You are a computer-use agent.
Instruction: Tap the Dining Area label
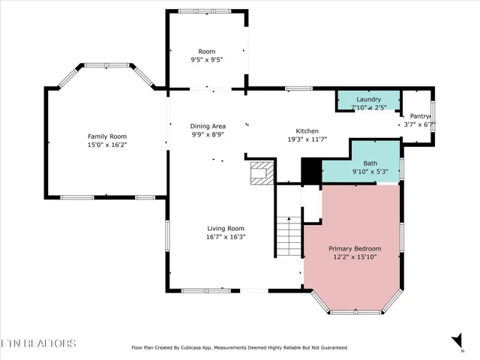pos(208,126)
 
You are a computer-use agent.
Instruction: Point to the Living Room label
pos(226,229)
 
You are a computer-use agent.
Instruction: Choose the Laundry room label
pos(368,99)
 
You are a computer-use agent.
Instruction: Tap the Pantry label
pos(418,116)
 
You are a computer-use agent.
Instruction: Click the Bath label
pos(370,163)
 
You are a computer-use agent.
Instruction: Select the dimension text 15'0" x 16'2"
pos(106,145)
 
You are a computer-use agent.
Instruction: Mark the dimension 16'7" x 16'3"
pos(226,237)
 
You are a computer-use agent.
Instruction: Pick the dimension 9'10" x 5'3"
pos(370,172)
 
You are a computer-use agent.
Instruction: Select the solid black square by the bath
pos(310,170)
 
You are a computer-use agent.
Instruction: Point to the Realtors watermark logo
pos(37,343)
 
